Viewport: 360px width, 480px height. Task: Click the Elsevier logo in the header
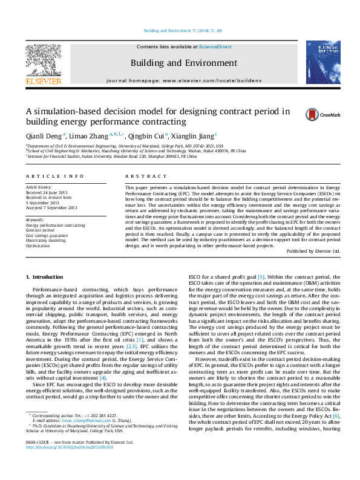[43, 64]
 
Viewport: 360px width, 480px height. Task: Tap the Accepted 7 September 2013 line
[51, 207]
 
